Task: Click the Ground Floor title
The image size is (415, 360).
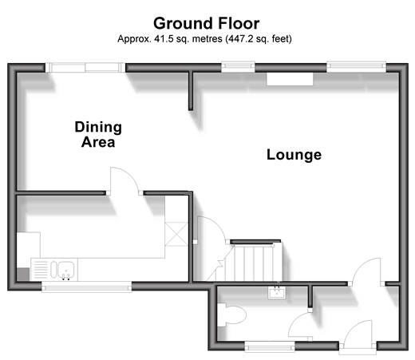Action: pyautogui.click(x=206, y=23)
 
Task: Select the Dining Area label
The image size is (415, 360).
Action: pyautogui.click(x=98, y=134)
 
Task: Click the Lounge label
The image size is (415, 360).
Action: pyautogui.click(x=294, y=155)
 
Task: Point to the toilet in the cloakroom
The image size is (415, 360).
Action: pyautogui.click(x=231, y=315)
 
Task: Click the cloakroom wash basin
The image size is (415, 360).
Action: pyautogui.click(x=277, y=293)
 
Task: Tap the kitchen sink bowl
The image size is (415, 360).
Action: pyautogui.click(x=66, y=269)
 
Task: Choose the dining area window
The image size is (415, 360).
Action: pyautogui.click(x=85, y=68)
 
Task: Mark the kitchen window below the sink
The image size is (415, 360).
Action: pyautogui.click(x=86, y=287)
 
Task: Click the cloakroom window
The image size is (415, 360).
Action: pyautogui.click(x=270, y=346)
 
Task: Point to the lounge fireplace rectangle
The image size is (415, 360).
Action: pyautogui.click(x=290, y=79)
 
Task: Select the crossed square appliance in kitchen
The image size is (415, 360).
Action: pyautogui.click(x=176, y=234)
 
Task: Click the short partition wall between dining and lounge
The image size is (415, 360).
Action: pyautogui.click(x=191, y=91)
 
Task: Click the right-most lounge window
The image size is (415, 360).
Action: pyautogui.click(x=356, y=67)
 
